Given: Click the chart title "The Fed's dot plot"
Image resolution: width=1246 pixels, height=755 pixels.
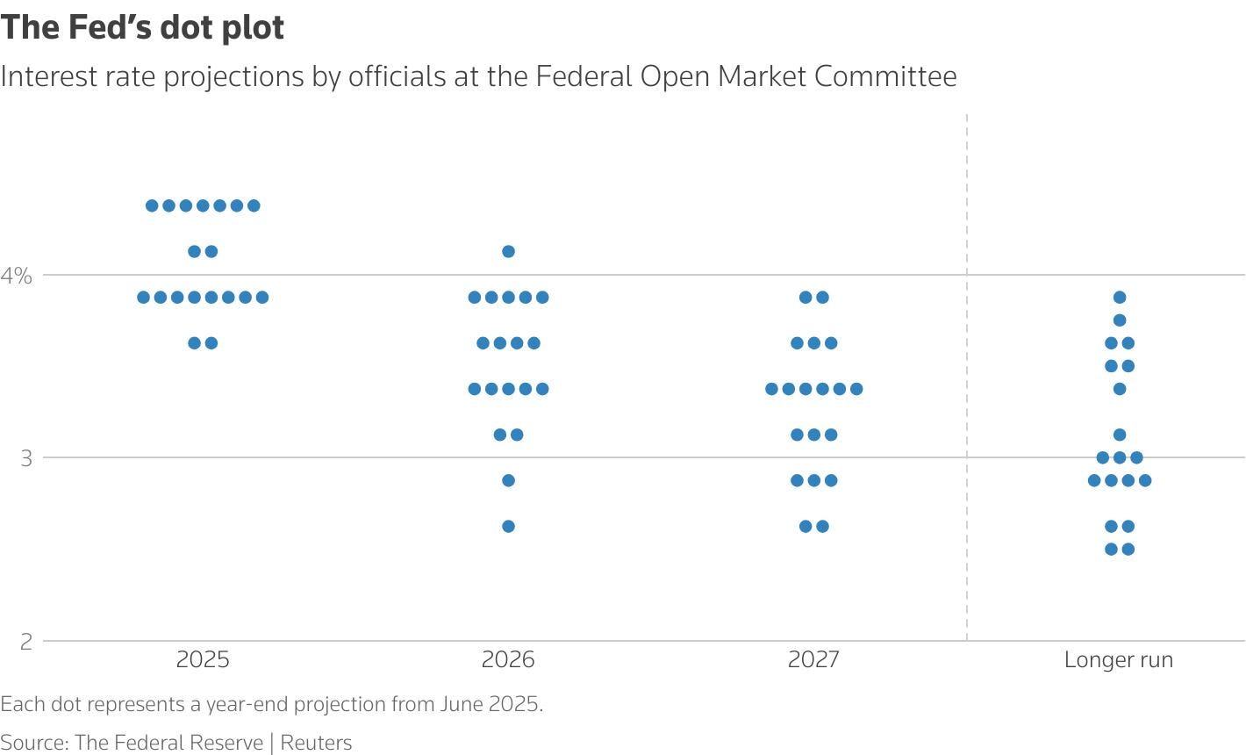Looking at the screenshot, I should pos(142,27).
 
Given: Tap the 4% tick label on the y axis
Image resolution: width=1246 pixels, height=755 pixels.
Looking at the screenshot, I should pos(16,276).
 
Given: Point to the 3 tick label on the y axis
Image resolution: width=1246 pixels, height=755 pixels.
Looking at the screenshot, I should pos(25,458).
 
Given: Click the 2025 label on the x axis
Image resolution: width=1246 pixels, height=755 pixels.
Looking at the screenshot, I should pos(203,659).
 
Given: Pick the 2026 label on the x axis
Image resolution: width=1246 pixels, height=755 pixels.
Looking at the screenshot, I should pos(508,659).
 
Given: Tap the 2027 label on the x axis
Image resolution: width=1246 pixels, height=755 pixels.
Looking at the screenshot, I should pos(813,659).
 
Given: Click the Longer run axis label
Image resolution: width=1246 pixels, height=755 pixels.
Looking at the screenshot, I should pos(1118,659).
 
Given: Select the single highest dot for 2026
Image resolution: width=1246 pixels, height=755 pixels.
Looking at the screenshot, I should pos(508,252).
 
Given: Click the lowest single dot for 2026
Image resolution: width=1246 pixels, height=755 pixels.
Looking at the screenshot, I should pos(508,527).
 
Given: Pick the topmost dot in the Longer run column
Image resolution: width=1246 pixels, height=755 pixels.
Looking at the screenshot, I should pos(1119,298).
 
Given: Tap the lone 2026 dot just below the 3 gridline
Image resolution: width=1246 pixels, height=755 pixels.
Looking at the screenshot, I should pos(508,481).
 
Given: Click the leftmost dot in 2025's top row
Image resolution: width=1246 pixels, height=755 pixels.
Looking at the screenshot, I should pos(152,206).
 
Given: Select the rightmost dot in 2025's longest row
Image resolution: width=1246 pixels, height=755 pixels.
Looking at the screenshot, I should pos(261,298).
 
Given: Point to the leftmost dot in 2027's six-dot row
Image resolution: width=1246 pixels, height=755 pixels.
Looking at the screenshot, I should pos(771,389).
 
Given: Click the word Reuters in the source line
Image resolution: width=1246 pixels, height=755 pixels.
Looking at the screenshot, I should pos(316,743).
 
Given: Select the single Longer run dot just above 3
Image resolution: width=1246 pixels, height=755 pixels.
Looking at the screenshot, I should pos(1119,435).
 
